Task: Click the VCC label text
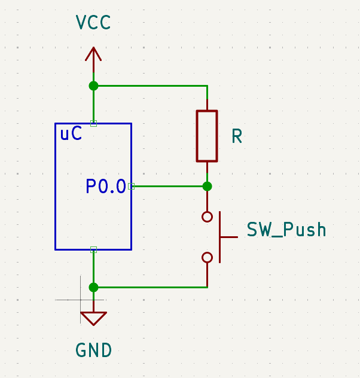93,23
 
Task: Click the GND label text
93,350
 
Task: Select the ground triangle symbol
93,318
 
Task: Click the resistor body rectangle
207,136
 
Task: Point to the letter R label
237,137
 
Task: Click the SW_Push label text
286,230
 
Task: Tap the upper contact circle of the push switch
207,217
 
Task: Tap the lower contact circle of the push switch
207,257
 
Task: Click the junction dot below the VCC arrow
93,86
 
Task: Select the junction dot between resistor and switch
207,186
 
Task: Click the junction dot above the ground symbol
93,287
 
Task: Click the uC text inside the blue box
71,135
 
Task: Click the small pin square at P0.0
131,186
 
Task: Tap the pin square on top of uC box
93,123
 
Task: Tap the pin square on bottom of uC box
93,249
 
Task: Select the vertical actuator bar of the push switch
219,237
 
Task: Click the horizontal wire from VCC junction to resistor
150,86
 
